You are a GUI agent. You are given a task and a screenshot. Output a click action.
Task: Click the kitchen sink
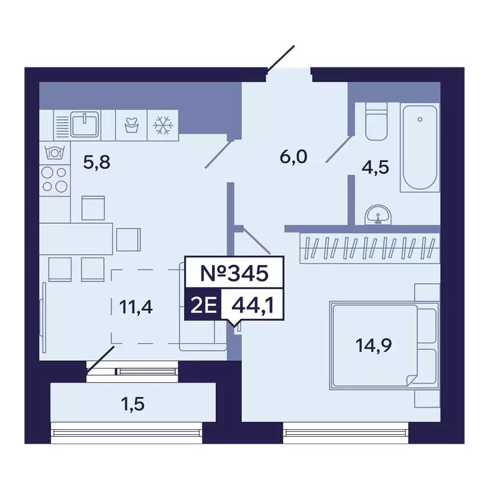[83, 124]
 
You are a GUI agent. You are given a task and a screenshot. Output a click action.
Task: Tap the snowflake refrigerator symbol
[163, 125]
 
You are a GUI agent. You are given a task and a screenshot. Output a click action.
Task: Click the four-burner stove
[54, 178]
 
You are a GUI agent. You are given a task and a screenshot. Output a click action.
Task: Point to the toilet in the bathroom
[376, 124]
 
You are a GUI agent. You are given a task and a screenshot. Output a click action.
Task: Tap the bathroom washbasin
[378, 216]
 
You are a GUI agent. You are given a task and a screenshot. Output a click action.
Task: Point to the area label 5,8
[97, 162]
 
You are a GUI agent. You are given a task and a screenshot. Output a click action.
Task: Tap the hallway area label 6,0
[294, 155]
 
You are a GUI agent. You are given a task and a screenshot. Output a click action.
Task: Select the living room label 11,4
[134, 308]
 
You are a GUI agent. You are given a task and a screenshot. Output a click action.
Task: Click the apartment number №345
[232, 274]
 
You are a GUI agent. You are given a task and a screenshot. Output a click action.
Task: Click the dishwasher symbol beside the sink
[131, 125]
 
